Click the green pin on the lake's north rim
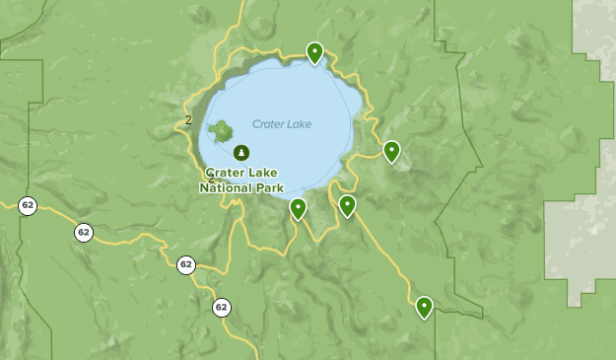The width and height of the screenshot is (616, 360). click(314, 51)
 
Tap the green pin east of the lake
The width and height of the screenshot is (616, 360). click(391, 151)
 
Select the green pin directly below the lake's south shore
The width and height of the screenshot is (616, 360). click(298, 208)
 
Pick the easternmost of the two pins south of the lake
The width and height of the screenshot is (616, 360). click(347, 205)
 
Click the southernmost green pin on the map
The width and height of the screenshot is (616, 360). click(424, 307)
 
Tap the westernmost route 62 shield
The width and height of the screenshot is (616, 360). click(28, 205)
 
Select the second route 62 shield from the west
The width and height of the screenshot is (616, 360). click(84, 232)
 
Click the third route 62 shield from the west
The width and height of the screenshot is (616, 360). click(186, 264)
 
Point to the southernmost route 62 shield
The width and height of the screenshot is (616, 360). click(221, 307)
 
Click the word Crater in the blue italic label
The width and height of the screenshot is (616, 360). click(267, 124)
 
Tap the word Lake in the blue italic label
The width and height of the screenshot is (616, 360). click(299, 124)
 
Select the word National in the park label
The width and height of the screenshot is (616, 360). click(227, 187)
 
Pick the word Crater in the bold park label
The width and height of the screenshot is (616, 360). click(227, 173)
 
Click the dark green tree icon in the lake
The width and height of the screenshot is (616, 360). click(241, 152)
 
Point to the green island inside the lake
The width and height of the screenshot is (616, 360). click(221, 129)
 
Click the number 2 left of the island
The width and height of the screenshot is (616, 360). click(188, 120)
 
